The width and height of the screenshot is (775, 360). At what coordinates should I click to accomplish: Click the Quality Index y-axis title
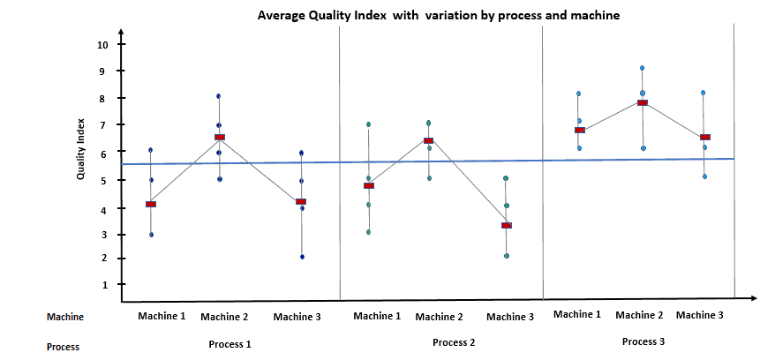click(x=80, y=150)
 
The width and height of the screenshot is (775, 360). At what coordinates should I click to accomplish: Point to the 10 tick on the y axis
click(x=103, y=44)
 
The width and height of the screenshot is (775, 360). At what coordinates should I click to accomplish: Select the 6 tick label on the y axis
click(x=103, y=153)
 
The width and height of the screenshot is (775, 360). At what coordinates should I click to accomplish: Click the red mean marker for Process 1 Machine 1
click(x=151, y=204)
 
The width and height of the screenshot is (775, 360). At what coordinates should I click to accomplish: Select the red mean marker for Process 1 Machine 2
click(x=219, y=137)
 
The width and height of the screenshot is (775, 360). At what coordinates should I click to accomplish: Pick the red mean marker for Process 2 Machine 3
click(x=506, y=225)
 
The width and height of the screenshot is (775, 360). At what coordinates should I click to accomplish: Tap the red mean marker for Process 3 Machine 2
click(x=643, y=102)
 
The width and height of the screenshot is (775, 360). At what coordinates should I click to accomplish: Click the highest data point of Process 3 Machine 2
click(x=642, y=68)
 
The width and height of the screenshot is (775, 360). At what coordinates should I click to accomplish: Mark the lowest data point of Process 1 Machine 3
click(x=302, y=257)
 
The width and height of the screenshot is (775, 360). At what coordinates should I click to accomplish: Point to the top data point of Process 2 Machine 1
click(x=368, y=124)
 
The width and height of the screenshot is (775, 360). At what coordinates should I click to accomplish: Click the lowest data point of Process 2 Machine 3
click(x=506, y=256)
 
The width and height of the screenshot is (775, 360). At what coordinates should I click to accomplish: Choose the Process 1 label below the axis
click(x=229, y=343)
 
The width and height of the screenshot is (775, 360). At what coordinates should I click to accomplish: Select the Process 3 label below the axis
click(x=643, y=341)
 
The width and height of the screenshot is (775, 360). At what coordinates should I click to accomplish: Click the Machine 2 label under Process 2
click(x=439, y=317)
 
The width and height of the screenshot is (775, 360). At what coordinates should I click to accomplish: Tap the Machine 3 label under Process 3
click(x=700, y=315)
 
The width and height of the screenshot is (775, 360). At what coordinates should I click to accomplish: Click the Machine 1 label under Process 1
click(x=161, y=315)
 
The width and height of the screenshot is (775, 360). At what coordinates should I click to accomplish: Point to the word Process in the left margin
click(x=63, y=347)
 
